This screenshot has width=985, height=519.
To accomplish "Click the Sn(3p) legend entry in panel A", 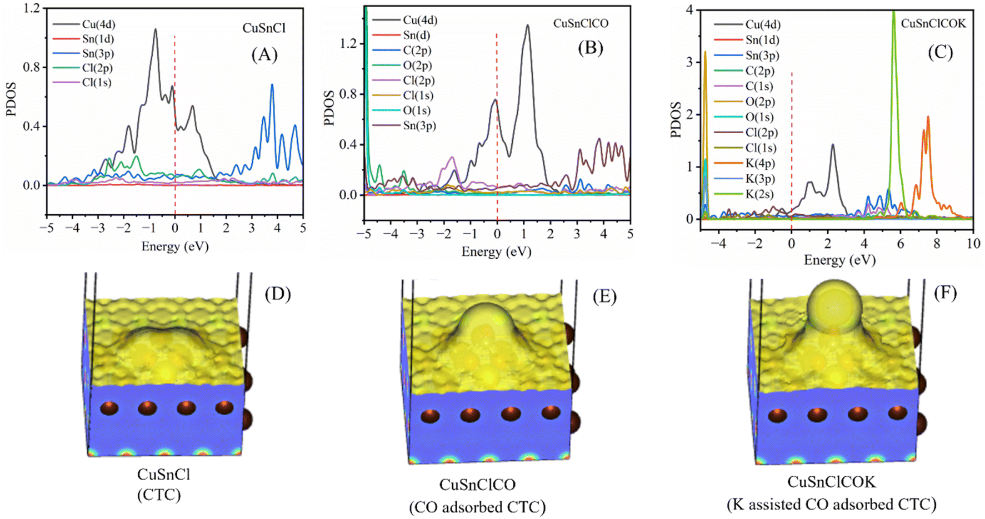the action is pos(83,54).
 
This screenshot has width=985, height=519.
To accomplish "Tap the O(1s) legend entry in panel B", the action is pos(402,110).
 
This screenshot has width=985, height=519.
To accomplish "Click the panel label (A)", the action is pos(264,54).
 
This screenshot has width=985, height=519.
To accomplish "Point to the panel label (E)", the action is pos(604,297).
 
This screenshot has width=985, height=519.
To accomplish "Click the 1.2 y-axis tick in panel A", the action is pos(32,8).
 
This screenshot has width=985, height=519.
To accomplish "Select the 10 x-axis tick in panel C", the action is pos(973,244).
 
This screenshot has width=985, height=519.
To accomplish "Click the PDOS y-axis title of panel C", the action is pos(676,119).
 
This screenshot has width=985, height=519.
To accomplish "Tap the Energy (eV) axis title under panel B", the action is pos(496,252).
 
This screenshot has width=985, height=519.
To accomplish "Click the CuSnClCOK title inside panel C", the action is pos(933,23).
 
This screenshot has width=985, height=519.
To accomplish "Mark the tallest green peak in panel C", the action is pos(893,12).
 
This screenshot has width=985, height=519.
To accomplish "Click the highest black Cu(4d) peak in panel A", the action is pos(156,30).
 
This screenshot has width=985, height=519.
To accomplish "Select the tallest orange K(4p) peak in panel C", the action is pos(928,118).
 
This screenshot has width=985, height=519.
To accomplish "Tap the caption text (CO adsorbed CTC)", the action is pos(477,507).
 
